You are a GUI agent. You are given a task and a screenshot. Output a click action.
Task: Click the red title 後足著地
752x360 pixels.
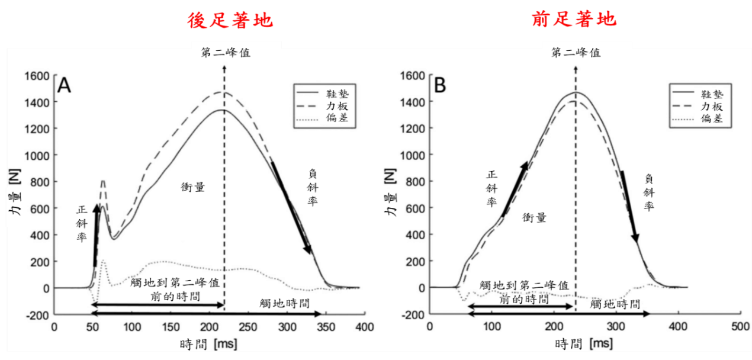(229, 20)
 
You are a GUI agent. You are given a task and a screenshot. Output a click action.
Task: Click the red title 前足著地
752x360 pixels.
(574, 20)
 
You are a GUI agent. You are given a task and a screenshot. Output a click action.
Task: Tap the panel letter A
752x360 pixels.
(64, 86)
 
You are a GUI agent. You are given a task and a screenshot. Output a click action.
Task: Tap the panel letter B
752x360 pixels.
(440, 86)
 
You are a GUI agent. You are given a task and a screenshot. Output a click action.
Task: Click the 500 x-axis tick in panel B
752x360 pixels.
(740, 327)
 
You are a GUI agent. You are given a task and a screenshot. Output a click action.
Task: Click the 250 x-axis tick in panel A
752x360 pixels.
(248, 327)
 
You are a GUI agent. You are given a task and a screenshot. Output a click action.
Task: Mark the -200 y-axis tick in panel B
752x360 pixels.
(413, 314)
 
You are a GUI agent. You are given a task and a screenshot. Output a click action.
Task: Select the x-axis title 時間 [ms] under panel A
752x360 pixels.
(208, 345)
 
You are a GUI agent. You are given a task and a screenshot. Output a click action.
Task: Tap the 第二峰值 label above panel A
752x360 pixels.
(226, 52)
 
